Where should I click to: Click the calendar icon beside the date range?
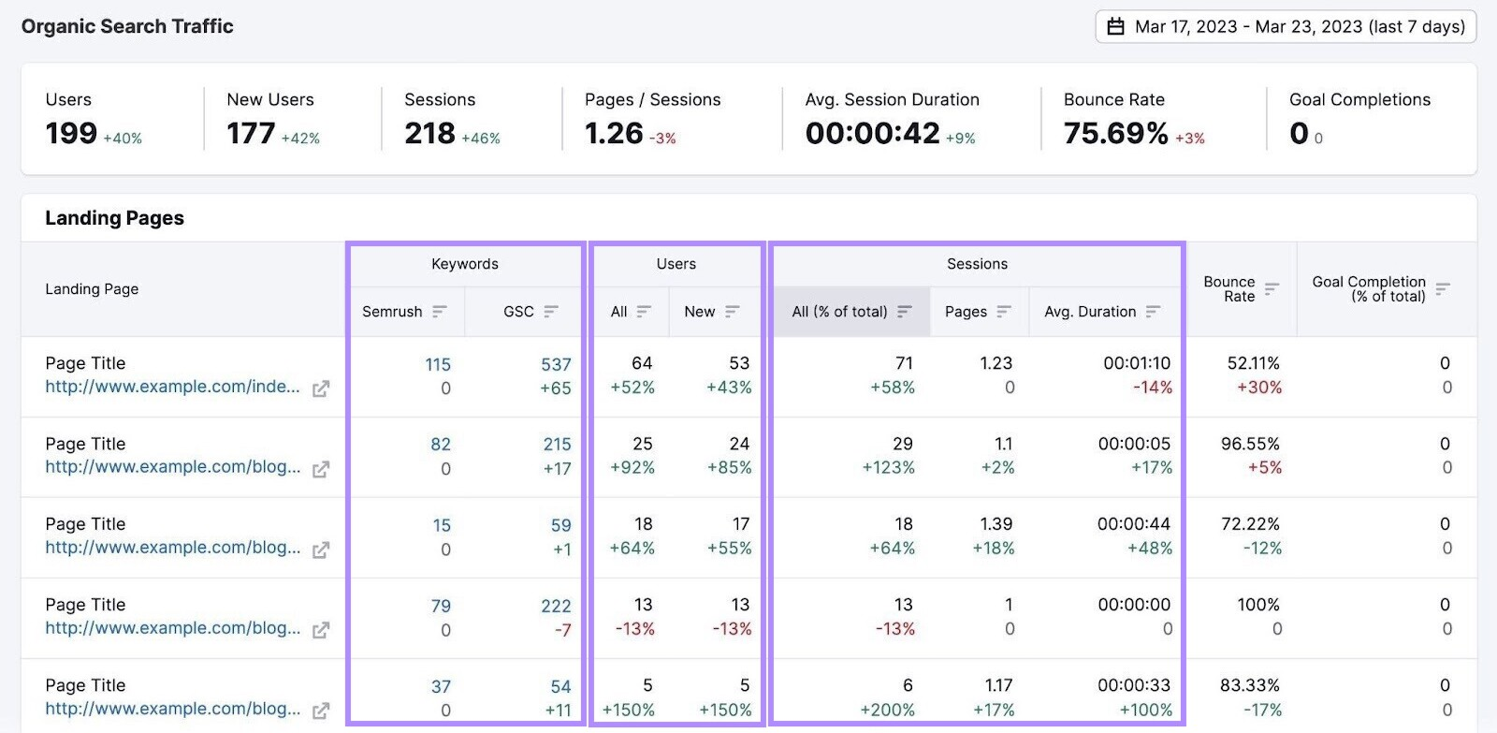click(x=1115, y=27)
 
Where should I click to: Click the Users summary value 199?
click(x=71, y=134)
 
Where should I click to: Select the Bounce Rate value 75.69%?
click(x=1115, y=134)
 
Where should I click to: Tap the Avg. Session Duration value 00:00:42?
click(x=872, y=134)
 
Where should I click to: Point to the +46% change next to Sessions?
click(x=481, y=139)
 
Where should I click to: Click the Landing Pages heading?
click(x=114, y=218)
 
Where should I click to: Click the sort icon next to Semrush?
click(x=440, y=312)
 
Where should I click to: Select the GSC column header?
click(x=518, y=312)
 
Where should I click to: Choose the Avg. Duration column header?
click(x=1090, y=312)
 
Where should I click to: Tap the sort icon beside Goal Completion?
click(x=1443, y=288)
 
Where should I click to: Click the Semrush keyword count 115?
click(x=438, y=365)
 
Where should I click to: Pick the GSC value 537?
click(x=556, y=365)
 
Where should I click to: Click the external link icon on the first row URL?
click(x=321, y=388)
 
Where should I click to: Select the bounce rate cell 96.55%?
click(x=1250, y=444)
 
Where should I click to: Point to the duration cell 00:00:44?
click(x=1133, y=524)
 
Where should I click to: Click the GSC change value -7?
click(x=562, y=630)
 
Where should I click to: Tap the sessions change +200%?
click(x=887, y=710)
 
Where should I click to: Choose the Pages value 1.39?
click(x=996, y=524)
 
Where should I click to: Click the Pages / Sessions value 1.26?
click(x=614, y=134)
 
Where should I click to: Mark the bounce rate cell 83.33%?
click(x=1249, y=685)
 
